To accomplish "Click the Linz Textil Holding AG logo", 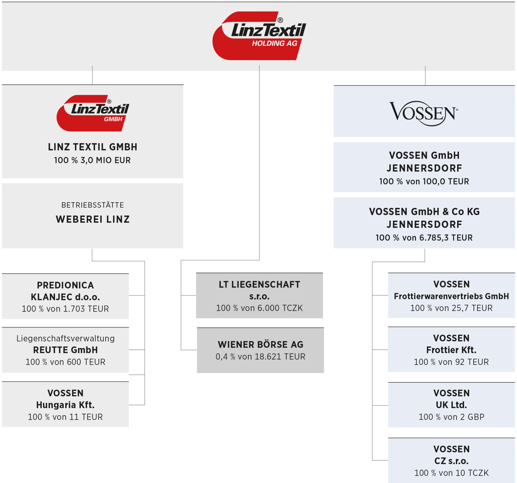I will click(x=259, y=36).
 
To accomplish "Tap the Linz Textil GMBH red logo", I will click(x=93, y=113).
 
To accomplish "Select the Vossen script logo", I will click(x=424, y=113).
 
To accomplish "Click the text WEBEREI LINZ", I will click(x=93, y=219).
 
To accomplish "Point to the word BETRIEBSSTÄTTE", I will click(x=93, y=205).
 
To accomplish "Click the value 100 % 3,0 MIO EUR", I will click(x=92, y=160).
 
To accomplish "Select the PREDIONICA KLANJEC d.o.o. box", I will click(x=65, y=296).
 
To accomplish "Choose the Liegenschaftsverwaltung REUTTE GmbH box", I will click(x=65, y=350).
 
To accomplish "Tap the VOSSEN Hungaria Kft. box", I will click(x=65, y=404).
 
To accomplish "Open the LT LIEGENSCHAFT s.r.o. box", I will click(x=259, y=296).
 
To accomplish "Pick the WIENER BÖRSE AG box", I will click(x=260, y=350).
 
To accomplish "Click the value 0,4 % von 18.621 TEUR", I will click(x=260, y=357).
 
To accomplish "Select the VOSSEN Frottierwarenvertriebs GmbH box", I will click(x=451, y=296).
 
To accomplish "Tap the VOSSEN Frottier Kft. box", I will click(x=451, y=349).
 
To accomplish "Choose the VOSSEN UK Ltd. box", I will click(x=451, y=405).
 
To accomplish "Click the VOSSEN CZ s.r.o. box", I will click(x=451, y=460).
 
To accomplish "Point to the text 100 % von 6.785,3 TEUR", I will click(x=424, y=238).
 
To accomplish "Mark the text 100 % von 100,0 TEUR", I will click(x=424, y=181).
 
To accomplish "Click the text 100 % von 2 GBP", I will click(x=451, y=417).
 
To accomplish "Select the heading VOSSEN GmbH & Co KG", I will click(x=424, y=212).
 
